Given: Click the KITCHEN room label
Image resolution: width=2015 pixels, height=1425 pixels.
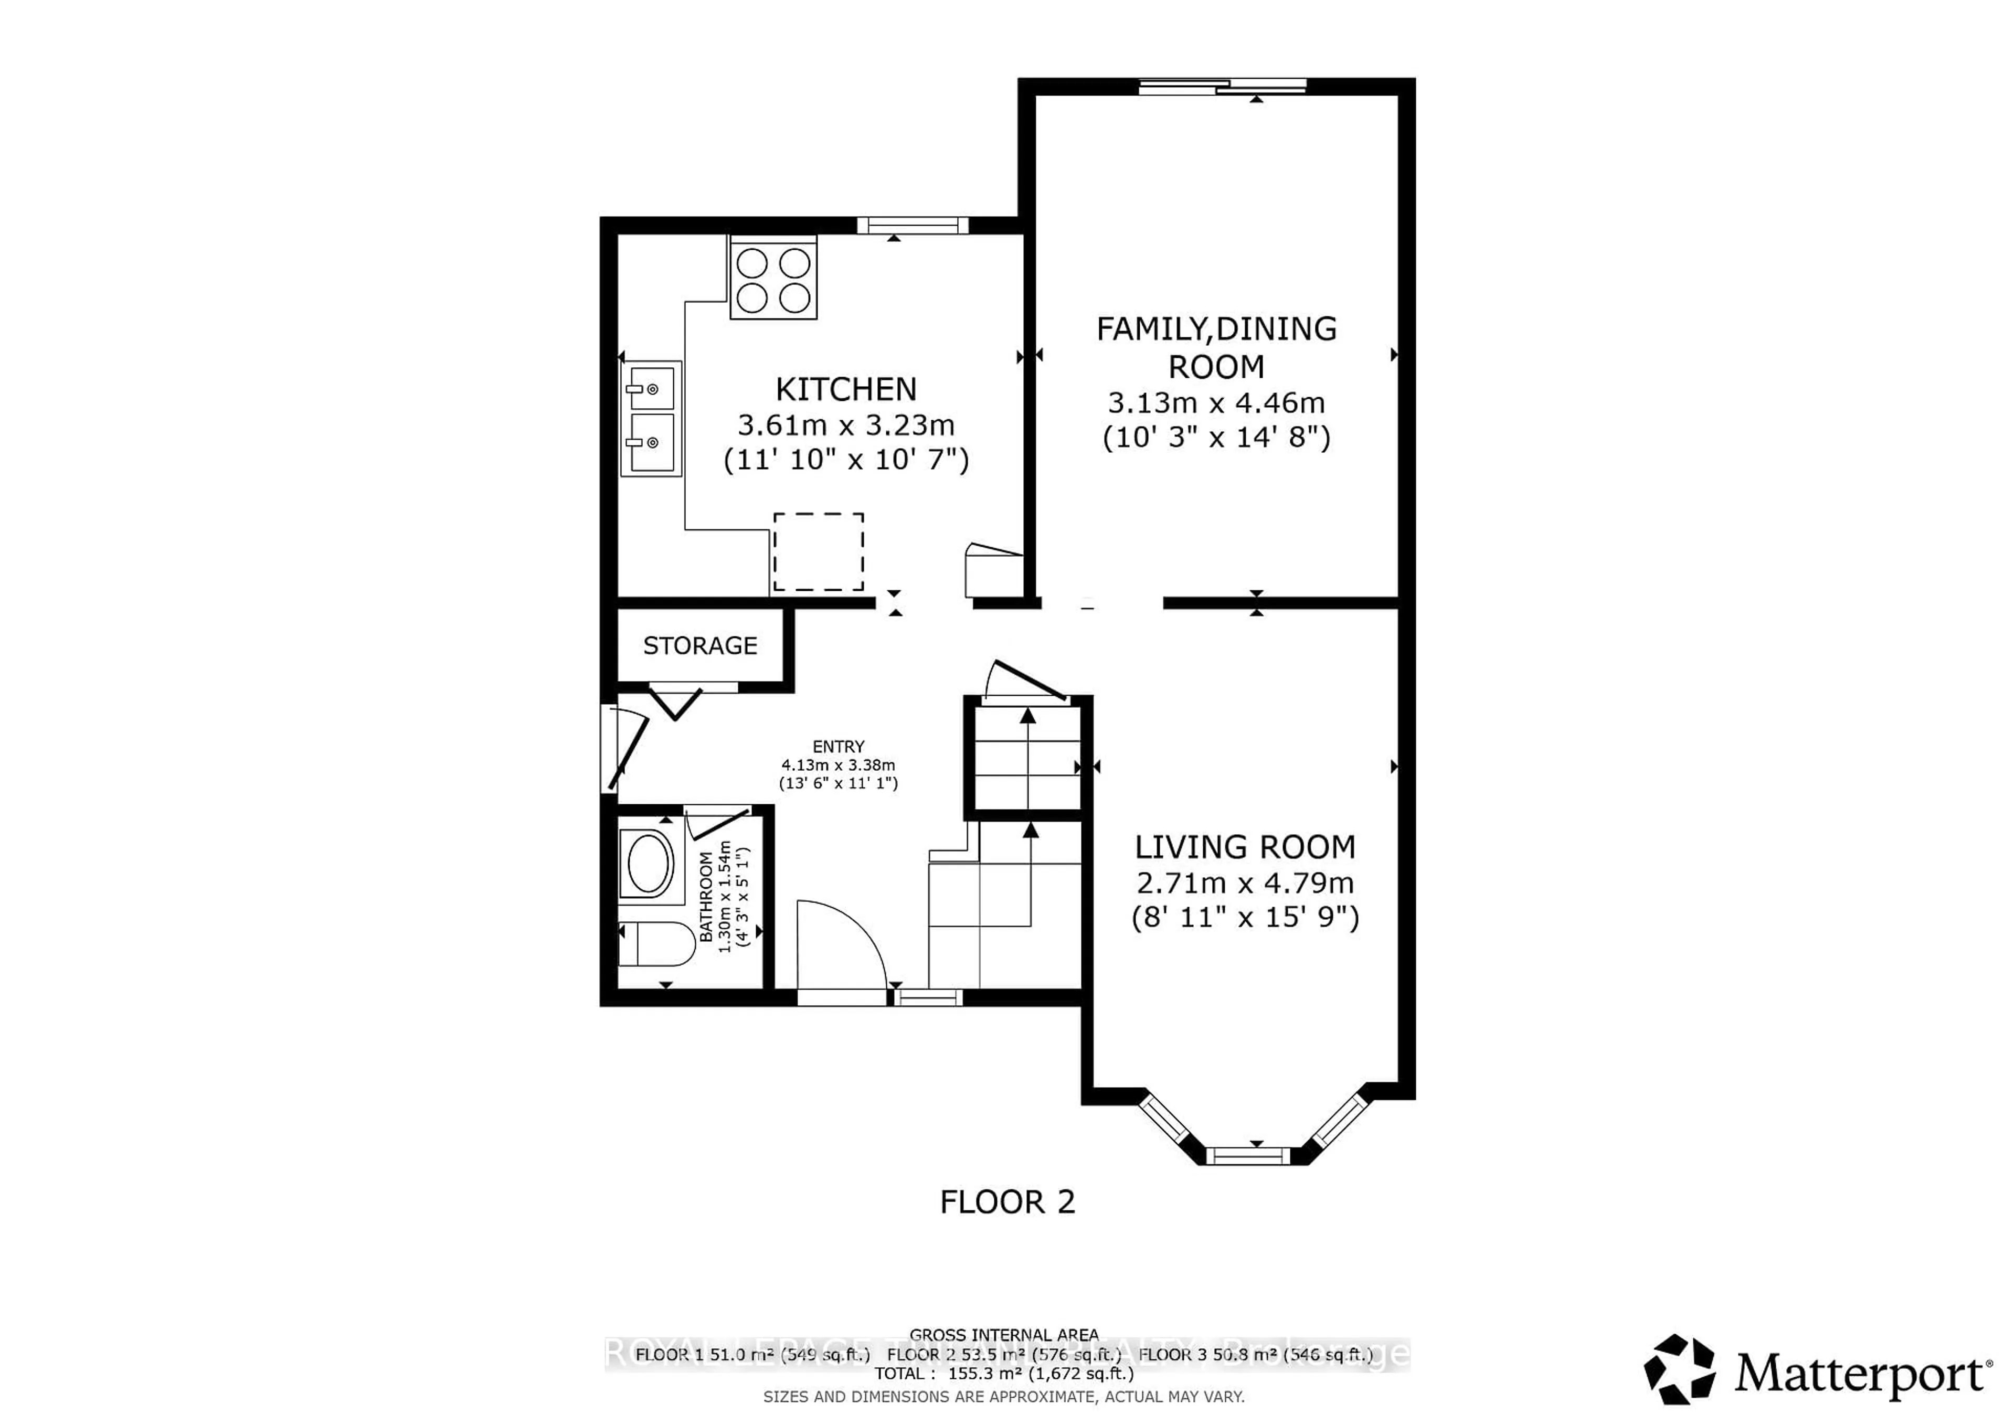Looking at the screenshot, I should click(x=845, y=389).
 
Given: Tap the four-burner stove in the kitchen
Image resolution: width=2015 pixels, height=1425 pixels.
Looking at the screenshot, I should click(x=773, y=279).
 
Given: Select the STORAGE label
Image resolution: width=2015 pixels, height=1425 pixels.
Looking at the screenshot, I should click(x=699, y=646).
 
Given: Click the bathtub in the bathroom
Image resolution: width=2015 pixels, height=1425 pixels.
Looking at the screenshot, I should click(x=648, y=864).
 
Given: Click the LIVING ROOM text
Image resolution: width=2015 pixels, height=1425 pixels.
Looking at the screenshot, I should click(x=1245, y=847).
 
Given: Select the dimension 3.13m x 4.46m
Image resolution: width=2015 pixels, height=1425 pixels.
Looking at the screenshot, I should click(x=1215, y=403).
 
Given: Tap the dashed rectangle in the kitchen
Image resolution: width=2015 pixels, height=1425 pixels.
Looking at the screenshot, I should click(x=818, y=552).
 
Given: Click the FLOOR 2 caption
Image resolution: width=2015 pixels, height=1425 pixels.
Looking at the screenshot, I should click(x=1006, y=1201).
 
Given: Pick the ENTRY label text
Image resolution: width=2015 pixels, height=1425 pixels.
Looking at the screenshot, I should click(x=838, y=747).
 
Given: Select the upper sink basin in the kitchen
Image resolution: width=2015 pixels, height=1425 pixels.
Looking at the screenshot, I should click(x=650, y=388).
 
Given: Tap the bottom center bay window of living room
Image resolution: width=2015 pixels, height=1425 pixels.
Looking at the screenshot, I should click(x=1247, y=1156).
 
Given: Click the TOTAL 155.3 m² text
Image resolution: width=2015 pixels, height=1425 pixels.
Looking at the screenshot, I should click(x=1004, y=1373).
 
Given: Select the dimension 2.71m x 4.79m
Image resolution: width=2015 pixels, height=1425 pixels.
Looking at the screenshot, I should click(x=1245, y=882).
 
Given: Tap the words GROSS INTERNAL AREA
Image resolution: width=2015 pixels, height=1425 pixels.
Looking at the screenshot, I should click(x=1004, y=1335).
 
